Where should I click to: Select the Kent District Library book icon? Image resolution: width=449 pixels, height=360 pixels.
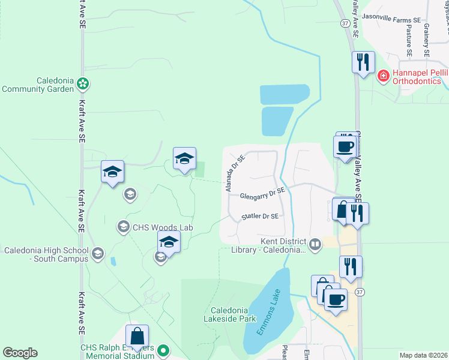(x=315, y=244)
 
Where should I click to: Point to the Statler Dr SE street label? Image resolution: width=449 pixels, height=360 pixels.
(x=260, y=216)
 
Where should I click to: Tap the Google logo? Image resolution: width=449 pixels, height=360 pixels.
(x=20, y=353)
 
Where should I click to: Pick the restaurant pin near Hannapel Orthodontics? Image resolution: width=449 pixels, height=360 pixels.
(x=363, y=62)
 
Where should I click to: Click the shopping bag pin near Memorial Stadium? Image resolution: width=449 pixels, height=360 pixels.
(x=137, y=337)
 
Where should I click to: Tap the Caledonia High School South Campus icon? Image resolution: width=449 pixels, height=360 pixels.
(x=97, y=253)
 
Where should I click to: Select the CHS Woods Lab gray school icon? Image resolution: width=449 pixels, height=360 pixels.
(x=123, y=226)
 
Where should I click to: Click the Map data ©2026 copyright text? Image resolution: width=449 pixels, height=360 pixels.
(x=423, y=355)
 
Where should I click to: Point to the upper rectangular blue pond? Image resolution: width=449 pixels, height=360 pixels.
(x=285, y=94)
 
